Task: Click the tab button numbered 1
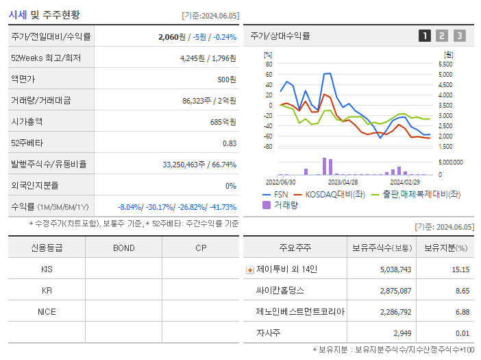click(425, 36)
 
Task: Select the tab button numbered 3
click(459, 36)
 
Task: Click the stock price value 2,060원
click(172, 36)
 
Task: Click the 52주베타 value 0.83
click(229, 143)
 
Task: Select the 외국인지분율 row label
click(35, 186)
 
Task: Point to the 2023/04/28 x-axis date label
click(343, 182)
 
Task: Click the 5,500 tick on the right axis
click(445, 64)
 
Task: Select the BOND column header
click(123, 248)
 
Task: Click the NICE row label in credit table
click(47, 311)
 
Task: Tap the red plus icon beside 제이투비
click(250, 269)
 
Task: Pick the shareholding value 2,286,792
click(391, 312)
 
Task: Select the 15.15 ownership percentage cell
click(460, 269)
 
